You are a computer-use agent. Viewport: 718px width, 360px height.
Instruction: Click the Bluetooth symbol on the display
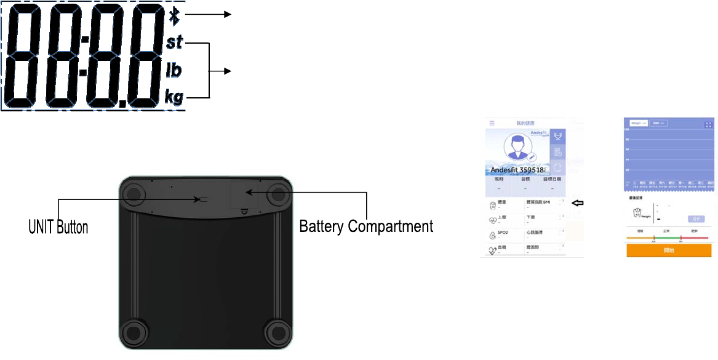(x=175, y=16)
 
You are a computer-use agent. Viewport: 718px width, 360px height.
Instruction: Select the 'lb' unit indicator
(x=174, y=71)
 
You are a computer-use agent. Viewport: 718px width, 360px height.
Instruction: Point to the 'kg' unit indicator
(x=174, y=97)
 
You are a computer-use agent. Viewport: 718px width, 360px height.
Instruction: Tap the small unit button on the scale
(x=202, y=199)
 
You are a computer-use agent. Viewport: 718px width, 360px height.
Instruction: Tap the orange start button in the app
(x=669, y=250)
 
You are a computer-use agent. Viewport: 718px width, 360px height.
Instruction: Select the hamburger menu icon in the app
(x=492, y=124)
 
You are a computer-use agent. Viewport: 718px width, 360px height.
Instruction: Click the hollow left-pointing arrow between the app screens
(x=577, y=203)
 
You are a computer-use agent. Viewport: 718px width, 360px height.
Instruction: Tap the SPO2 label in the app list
(x=503, y=233)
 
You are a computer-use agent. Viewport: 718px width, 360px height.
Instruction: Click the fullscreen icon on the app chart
(x=708, y=124)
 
